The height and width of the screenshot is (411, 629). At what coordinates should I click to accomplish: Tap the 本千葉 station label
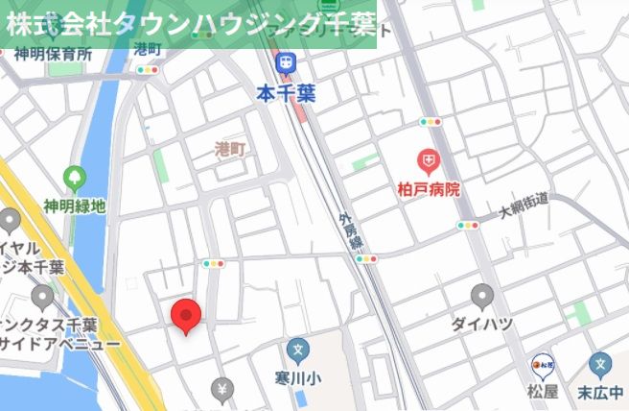[x=285, y=94]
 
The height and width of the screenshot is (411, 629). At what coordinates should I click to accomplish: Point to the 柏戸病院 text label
[x=429, y=189]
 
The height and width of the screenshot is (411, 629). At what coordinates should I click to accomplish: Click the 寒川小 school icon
[x=298, y=351]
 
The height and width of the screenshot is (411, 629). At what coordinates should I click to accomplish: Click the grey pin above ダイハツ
[x=482, y=295]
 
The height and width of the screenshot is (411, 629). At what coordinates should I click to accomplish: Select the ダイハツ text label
[x=481, y=324]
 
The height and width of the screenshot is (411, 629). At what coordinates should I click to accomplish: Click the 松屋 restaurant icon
[x=543, y=365]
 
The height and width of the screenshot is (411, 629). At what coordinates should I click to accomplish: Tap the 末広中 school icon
[x=601, y=364]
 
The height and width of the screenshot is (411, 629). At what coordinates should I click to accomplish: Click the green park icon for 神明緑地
[x=73, y=178]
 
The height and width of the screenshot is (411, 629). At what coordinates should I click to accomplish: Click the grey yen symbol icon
[x=222, y=389]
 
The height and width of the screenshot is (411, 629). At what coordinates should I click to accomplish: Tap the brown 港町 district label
[x=230, y=149]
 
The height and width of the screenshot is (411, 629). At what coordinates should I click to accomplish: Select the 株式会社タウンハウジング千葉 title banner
[x=189, y=24]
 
